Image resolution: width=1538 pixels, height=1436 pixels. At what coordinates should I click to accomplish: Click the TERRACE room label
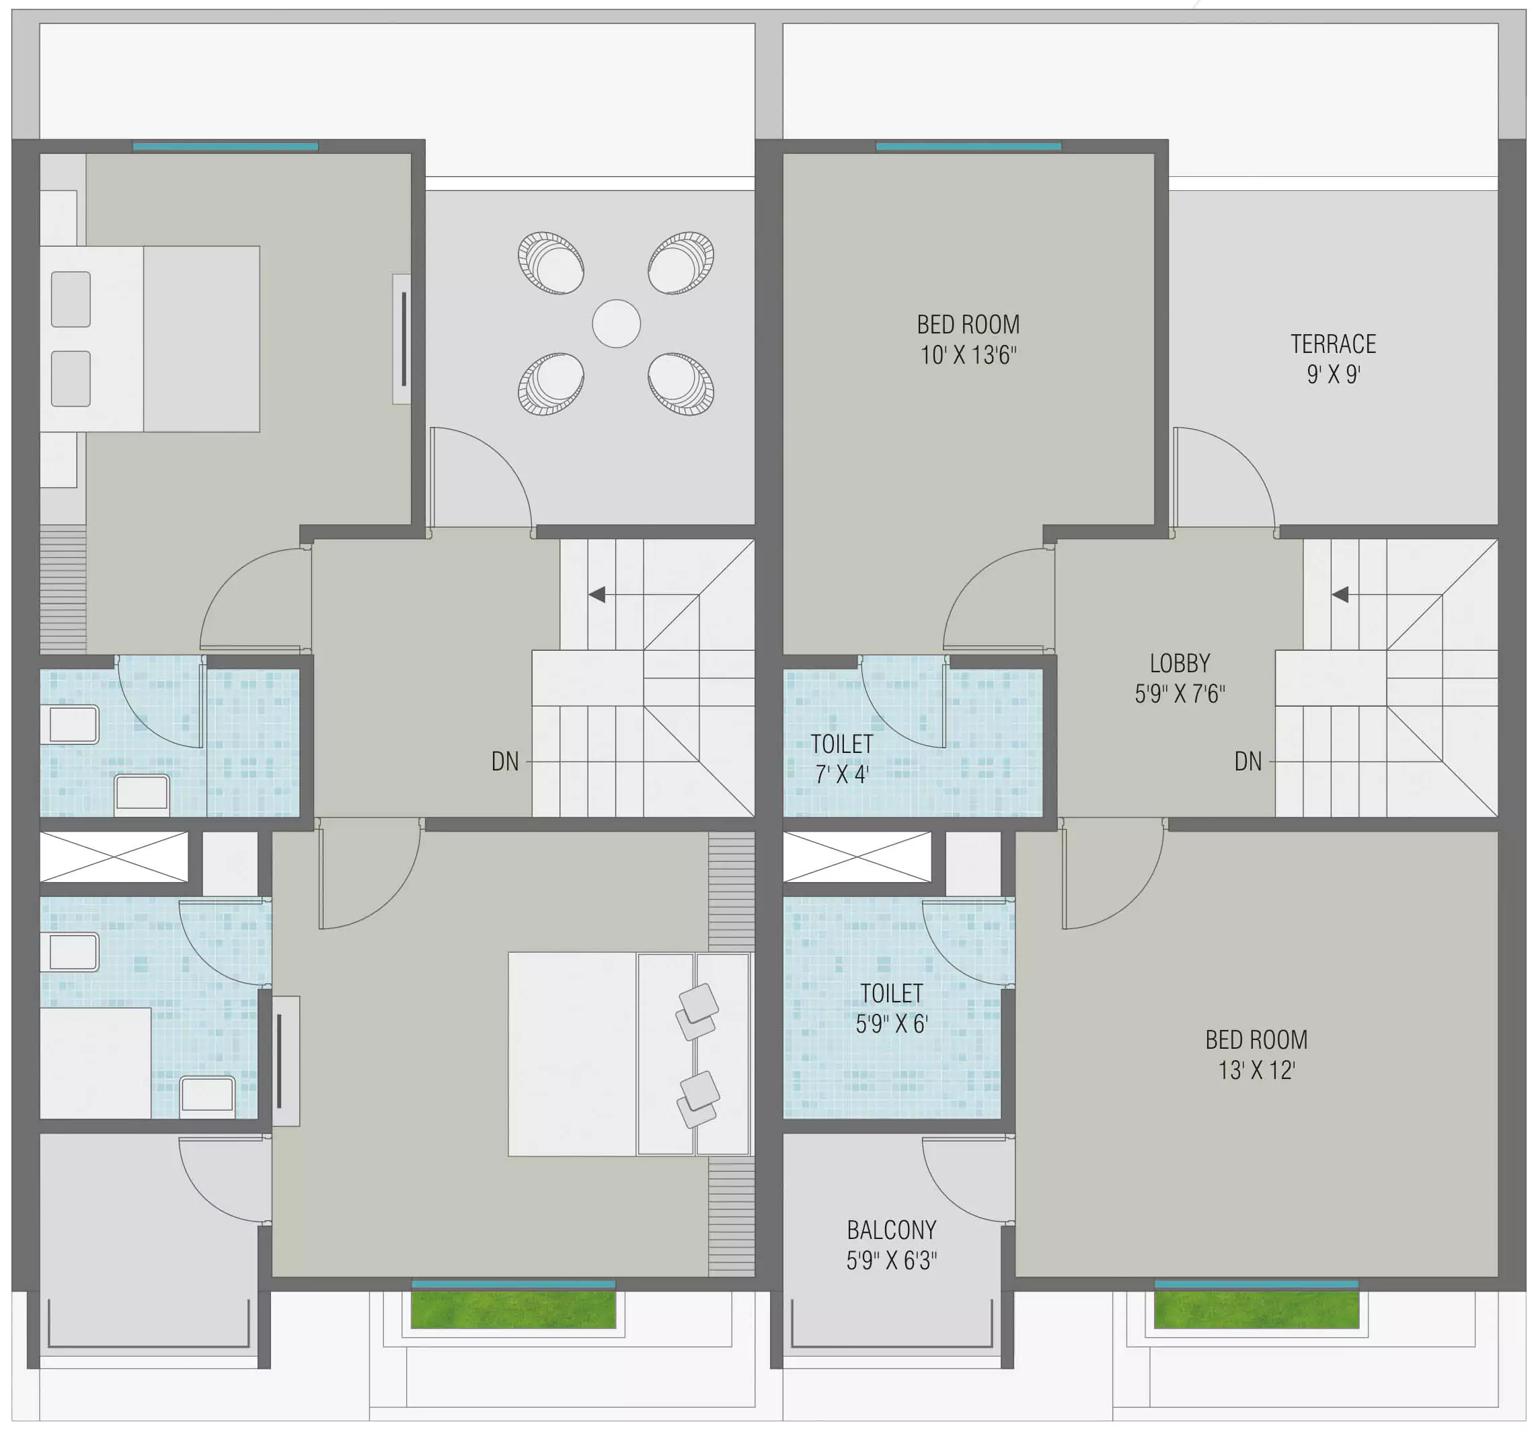[x=1333, y=344]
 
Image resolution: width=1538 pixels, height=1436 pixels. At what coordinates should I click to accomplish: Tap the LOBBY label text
[x=1180, y=664]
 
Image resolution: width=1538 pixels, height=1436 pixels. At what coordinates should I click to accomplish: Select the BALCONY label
[x=891, y=1230]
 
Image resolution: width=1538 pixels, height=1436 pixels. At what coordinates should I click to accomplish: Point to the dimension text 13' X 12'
[x=1256, y=1070]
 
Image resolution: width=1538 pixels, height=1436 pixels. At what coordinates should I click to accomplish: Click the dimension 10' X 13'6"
[x=968, y=355]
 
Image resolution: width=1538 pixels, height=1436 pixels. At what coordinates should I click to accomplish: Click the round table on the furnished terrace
[x=617, y=323]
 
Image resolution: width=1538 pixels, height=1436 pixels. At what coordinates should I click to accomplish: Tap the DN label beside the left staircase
[x=505, y=762]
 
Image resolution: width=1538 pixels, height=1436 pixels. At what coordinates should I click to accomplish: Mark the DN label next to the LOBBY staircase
[x=1248, y=762]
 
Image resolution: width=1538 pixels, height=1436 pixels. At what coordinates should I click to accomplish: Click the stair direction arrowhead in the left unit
[x=597, y=595]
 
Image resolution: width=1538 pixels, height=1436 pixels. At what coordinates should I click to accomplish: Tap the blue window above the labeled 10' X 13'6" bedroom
[x=968, y=146]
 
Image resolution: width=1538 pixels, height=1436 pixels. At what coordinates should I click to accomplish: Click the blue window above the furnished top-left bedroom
[x=225, y=146]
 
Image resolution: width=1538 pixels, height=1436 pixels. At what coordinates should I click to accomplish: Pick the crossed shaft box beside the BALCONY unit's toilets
[x=857, y=856]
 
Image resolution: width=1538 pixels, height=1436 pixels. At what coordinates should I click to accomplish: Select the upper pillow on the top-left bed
[x=71, y=299]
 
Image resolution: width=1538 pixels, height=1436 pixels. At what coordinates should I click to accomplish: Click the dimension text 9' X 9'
[x=1333, y=374]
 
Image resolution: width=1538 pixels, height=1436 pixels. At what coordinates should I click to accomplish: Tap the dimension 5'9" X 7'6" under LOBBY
[x=1180, y=694]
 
